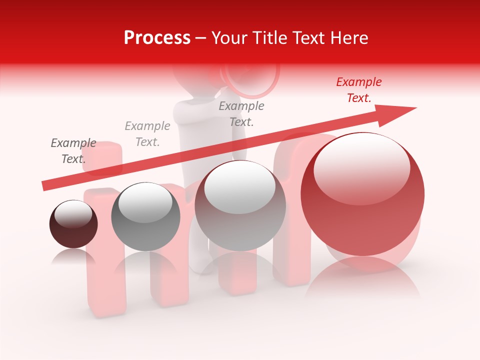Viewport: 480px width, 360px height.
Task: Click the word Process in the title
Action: pos(157,38)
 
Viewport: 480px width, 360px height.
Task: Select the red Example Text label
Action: pos(359,90)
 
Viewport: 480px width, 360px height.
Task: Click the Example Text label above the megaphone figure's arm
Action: pos(241,113)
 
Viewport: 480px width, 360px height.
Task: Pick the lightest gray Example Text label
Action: pos(147,133)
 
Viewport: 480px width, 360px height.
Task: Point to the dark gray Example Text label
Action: pos(73,150)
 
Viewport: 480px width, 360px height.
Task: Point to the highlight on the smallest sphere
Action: pos(73,214)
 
